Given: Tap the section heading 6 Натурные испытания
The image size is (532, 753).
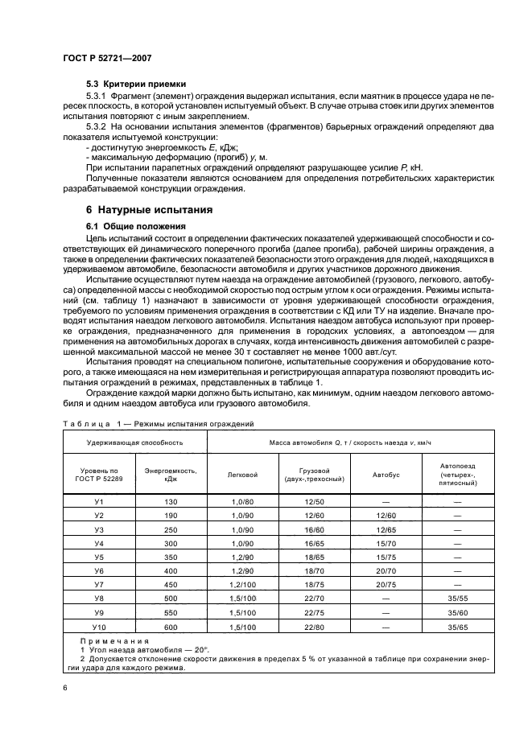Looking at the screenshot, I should point(149,210).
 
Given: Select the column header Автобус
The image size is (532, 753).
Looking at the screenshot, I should point(386,475).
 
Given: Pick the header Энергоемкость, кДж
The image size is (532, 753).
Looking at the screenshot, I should point(171,475).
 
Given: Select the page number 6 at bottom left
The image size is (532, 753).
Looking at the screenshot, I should point(64,689).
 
